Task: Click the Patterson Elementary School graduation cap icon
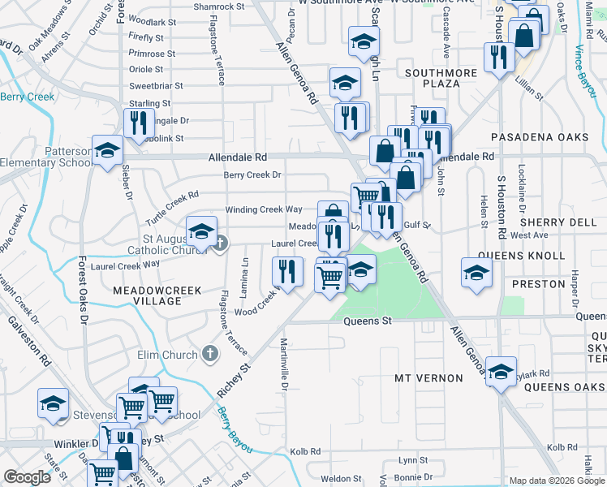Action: tap(107, 151)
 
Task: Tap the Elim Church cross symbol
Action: tap(210, 354)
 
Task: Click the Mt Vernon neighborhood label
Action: tap(428, 378)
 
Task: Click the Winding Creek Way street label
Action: tap(263, 209)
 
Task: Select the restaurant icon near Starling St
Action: tap(139, 122)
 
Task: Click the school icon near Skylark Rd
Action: tap(501, 372)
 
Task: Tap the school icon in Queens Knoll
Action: tap(476, 272)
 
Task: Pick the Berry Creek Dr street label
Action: tap(252, 175)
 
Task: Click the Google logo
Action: tap(28, 478)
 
